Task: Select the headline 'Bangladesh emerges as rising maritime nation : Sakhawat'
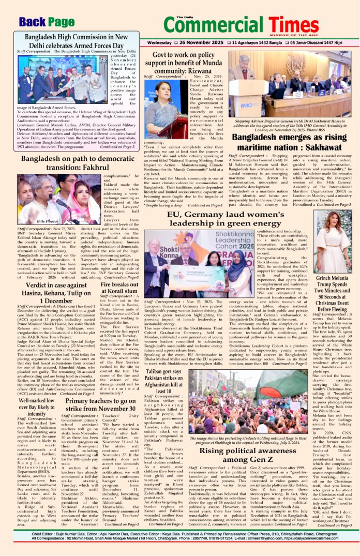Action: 289,143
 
